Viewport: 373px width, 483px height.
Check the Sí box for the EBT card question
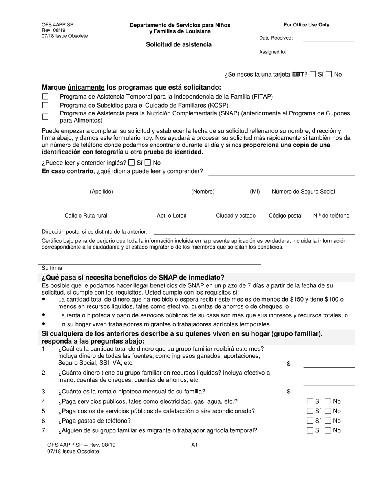(x=313, y=74)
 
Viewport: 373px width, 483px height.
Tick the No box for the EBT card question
(x=329, y=74)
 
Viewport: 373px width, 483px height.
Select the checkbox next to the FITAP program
(x=46, y=97)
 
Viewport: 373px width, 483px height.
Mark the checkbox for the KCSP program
(x=46, y=105)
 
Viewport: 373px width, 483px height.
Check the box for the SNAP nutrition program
(x=46, y=117)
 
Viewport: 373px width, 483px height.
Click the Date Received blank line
(x=328, y=38)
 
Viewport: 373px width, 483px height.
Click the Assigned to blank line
(x=328, y=52)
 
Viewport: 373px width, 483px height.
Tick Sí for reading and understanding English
(x=132, y=163)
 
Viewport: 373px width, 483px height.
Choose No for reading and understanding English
(x=148, y=163)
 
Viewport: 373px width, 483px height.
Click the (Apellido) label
(x=101, y=192)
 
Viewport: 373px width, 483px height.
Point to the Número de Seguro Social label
(x=303, y=192)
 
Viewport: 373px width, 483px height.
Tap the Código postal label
(x=285, y=216)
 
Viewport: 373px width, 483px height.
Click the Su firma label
(x=52, y=268)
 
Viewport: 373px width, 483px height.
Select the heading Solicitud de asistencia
(x=179, y=45)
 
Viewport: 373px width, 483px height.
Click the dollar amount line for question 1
(x=328, y=364)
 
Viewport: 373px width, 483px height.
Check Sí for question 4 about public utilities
(x=310, y=401)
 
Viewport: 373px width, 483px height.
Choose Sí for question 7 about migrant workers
(x=310, y=430)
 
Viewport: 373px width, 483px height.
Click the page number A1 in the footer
(x=194, y=445)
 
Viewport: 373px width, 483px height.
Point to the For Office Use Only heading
(x=306, y=25)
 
